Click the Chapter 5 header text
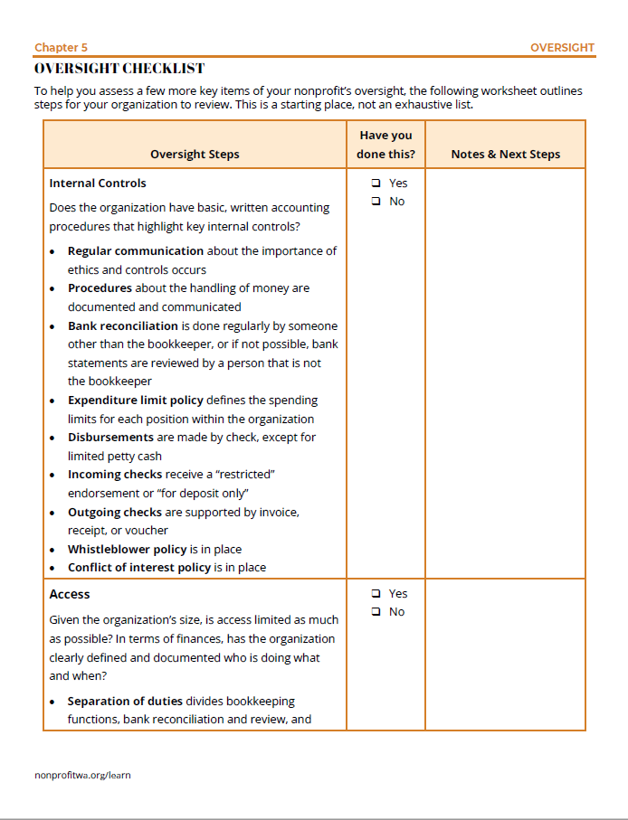[x=62, y=47]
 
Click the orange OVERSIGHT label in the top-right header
[x=562, y=47]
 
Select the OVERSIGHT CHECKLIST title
[x=119, y=69]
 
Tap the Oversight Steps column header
[x=195, y=154]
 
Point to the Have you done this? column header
[x=385, y=145]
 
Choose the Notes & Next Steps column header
[x=505, y=154]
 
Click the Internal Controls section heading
[x=98, y=183]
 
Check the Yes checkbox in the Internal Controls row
[x=376, y=184]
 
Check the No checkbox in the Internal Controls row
[x=376, y=202]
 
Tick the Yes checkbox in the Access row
[x=376, y=594]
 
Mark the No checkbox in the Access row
[x=376, y=612]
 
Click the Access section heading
[x=70, y=594]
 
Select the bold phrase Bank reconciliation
[x=123, y=325]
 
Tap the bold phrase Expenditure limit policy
[x=136, y=400]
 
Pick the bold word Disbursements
[x=110, y=437]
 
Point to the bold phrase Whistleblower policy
[x=127, y=549]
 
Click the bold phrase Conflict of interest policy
[x=139, y=568]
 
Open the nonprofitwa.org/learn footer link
[x=82, y=775]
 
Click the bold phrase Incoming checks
[x=115, y=474]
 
